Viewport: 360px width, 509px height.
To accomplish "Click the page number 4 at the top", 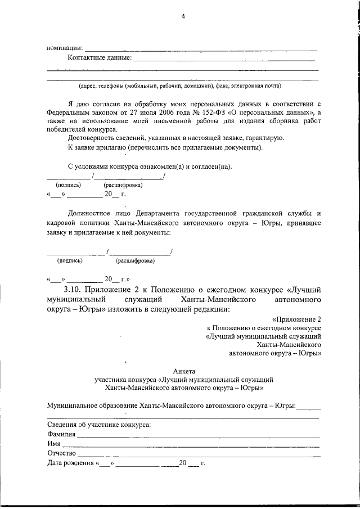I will tap(183, 16).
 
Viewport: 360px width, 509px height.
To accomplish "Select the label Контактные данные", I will tap(100, 57).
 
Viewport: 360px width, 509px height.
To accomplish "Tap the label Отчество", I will tap(62, 453).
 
